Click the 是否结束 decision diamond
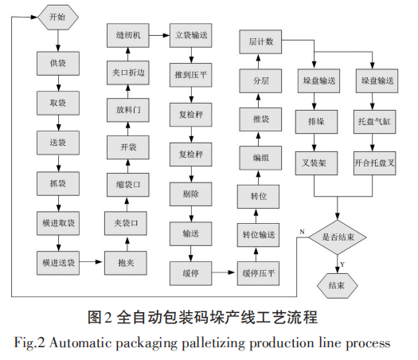point(338,237)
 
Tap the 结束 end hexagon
point(338,284)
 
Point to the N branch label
point(302,231)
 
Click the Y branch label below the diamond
point(342,264)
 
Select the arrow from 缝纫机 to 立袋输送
point(157,35)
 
